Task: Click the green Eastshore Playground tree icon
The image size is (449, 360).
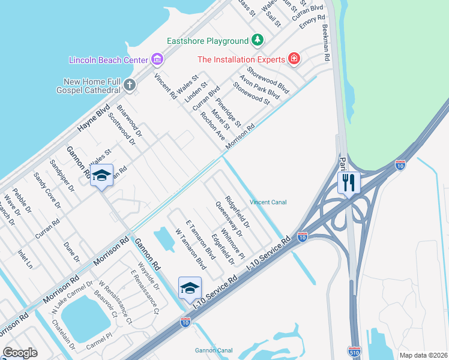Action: pyautogui.click(x=257, y=40)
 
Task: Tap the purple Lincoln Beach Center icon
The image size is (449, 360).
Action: pyautogui.click(x=157, y=59)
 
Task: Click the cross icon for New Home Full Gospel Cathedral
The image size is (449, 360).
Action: pyautogui.click(x=130, y=85)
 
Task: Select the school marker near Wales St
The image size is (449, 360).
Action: pyautogui.click(x=101, y=175)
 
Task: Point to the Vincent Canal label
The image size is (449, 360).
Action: pyautogui.click(x=268, y=202)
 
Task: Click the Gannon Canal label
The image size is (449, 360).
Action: pyautogui.click(x=214, y=350)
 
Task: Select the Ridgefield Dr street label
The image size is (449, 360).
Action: pyautogui.click(x=238, y=211)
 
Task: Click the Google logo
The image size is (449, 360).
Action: pyautogui.click(x=20, y=352)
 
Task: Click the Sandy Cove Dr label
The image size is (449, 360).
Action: pyautogui.click(x=47, y=190)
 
